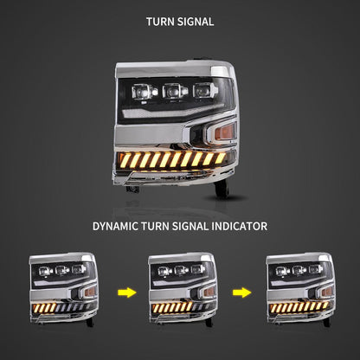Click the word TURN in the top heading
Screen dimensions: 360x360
(x=160, y=22)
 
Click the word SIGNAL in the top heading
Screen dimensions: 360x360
(x=196, y=22)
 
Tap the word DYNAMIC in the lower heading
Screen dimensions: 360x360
(x=115, y=226)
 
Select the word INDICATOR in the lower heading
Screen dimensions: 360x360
(x=240, y=226)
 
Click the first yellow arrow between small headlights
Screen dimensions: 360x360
(x=127, y=292)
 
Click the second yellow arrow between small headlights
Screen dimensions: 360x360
(x=242, y=292)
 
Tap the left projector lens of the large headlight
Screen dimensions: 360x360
(x=144, y=92)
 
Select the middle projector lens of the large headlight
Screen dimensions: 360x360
(x=174, y=91)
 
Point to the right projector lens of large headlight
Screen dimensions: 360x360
(x=202, y=90)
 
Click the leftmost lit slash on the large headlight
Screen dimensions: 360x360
(x=125, y=160)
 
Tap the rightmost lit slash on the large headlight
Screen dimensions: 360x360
(x=221, y=157)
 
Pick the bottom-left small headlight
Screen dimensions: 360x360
(x=63, y=289)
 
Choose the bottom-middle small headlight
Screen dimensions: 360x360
(x=183, y=289)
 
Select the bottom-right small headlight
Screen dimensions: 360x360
(x=300, y=289)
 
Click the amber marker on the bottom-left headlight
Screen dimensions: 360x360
(x=90, y=292)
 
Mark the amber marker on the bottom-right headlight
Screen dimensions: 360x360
(x=327, y=292)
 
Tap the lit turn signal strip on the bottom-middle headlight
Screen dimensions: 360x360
(x=172, y=307)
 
